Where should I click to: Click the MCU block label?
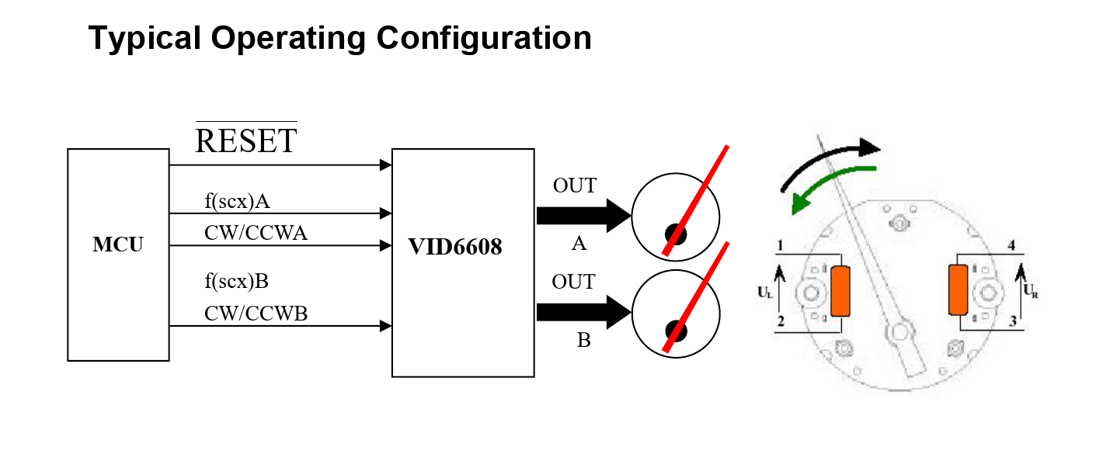click(x=118, y=245)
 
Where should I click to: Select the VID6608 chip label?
click(x=455, y=248)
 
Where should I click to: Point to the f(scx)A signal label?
click(x=237, y=202)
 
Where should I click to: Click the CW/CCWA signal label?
click(x=256, y=233)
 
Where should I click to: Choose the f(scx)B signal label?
click(x=236, y=281)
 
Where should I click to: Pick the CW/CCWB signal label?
click(x=256, y=313)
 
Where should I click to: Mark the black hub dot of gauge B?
click(x=674, y=331)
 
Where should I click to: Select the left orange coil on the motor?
click(x=840, y=291)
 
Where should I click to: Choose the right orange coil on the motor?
click(x=957, y=289)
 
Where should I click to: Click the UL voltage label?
click(x=765, y=293)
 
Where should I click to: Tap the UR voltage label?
click(x=1030, y=293)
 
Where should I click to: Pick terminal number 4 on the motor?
click(x=1012, y=246)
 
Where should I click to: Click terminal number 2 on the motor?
click(x=780, y=321)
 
